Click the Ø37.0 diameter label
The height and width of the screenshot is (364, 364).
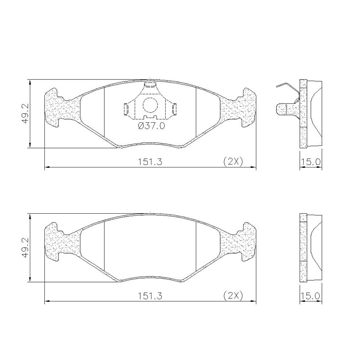coord(151,126)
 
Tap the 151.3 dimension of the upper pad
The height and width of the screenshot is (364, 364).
coord(150,162)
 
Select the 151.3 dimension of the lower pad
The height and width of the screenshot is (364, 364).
coord(150,296)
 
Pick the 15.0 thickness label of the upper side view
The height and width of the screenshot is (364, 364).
coord(310,162)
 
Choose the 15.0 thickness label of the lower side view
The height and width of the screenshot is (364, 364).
coord(310,296)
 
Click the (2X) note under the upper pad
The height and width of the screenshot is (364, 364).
coord(233,161)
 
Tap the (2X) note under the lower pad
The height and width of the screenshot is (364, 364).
coord(233,296)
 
